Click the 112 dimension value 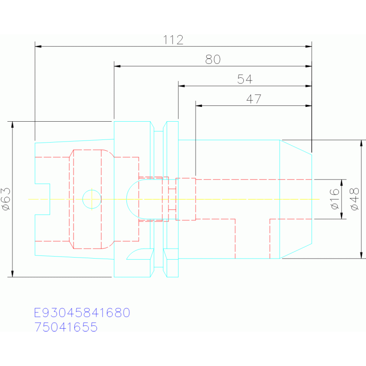[173, 40]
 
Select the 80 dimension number [213, 60]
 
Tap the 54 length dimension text [245, 79]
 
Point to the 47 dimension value [254, 99]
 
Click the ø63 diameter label [6, 199]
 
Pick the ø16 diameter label [335, 199]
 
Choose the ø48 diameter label [355, 199]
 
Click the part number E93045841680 [82, 313]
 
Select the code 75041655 [66, 327]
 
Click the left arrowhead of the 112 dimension [38, 46]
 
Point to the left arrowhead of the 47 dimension [199, 106]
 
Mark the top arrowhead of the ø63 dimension [12, 125]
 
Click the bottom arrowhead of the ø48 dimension [361, 255]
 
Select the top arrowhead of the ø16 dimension [342, 183]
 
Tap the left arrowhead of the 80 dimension [117, 66]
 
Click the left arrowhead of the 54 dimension [182, 86]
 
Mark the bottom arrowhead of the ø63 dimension [12, 274]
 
